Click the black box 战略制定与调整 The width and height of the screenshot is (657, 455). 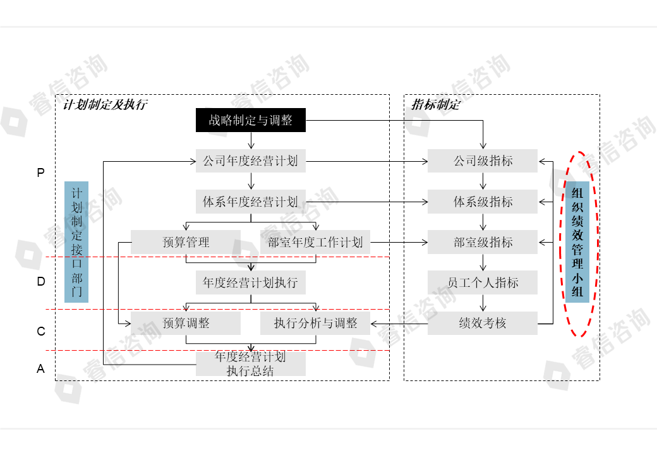tap(250, 120)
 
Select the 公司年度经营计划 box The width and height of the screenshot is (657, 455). tap(250, 161)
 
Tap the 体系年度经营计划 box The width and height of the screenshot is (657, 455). tap(250, 202)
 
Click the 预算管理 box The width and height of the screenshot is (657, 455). tap(186, 242)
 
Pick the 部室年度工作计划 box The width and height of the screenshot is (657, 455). tap(315, 242)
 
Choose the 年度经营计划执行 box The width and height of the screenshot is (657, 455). tap(250, 282)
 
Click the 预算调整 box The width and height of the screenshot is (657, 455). tap(186, 323)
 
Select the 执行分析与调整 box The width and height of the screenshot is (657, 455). tap(315, 323)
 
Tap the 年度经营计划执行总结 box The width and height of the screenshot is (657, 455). tap(250, 363)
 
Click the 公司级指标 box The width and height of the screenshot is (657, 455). tap(483, 161)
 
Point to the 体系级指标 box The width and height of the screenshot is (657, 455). tap(483, 202)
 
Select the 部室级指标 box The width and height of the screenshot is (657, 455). tap(483, 242)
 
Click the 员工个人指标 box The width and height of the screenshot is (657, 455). tap(483, 282)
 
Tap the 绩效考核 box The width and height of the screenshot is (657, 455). tap(483, 323)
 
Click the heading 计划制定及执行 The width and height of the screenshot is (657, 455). tap(105, 105)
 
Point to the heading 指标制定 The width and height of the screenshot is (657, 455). tap(436, 105)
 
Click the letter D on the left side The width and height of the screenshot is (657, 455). tap(41, 282)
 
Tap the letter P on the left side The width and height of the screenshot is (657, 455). tap(41, 173)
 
